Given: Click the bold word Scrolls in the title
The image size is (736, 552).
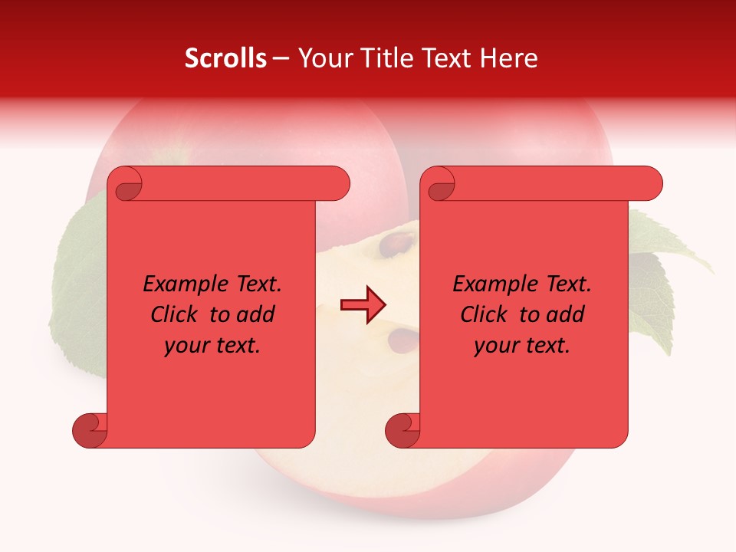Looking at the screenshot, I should (225, 58).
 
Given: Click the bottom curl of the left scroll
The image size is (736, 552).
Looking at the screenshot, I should (89, 430).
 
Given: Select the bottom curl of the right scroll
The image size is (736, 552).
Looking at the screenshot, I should (402, 430).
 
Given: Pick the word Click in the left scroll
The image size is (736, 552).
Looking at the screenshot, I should (176, 314).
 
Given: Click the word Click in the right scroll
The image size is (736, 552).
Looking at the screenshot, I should (485, 314).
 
